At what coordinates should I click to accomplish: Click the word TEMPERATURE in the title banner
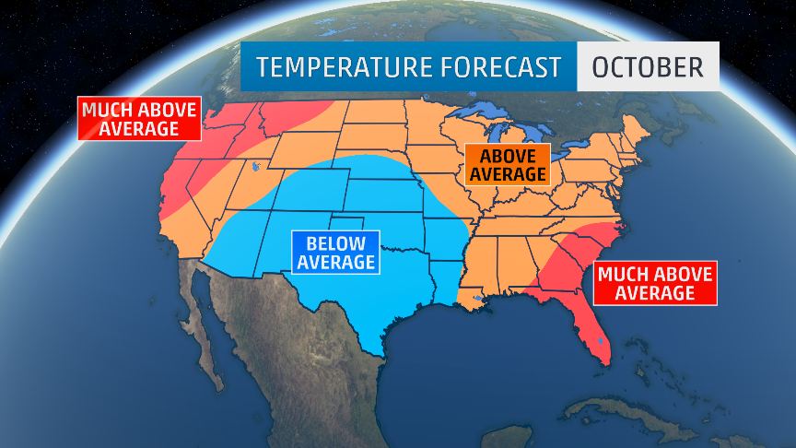pyautogui.click(x=333, y=67)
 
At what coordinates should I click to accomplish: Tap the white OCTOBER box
pyautogui.click(x=648, y=67)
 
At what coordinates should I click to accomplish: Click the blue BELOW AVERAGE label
pyautogui.click(x=334, y=253)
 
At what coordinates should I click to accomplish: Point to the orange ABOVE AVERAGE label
pyautogui.click(x=507, y=164)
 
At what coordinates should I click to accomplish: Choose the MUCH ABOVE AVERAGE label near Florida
pyautogui.click(x=653, y=283)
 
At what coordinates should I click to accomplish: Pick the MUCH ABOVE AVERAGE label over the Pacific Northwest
pyautogui.click(x=138, y=119)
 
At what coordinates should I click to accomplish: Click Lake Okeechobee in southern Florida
pyautogui.click(x=601, y=342)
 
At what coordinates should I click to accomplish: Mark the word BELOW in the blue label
pyautogui.click(x=334, y=243)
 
